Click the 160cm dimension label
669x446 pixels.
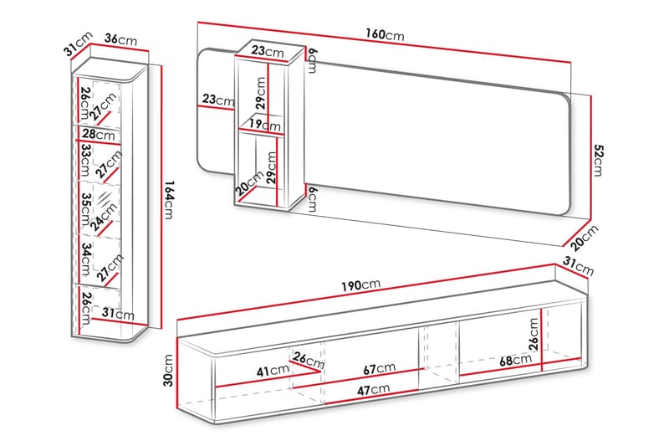tap(385, 34)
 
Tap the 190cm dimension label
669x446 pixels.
tap(360, 285)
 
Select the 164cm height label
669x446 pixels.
tap(169, 200)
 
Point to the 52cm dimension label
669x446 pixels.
tap(598, 160)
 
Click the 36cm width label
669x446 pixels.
tap(120, 39)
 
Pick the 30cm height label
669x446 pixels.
tap(169, 370)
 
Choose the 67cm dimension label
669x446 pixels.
tap(380, 369)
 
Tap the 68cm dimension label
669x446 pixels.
tap(515, 360)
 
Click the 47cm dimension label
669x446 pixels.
tap(373, 390)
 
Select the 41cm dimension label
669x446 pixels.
tap(273, 371)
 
